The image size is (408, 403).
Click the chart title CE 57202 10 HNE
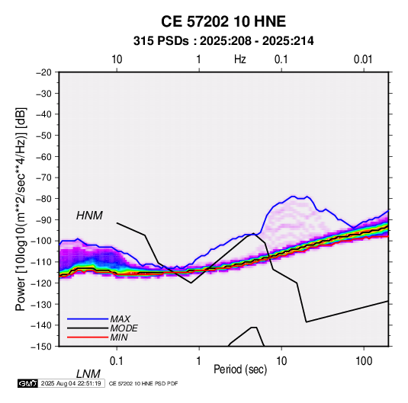[x=223, y=21]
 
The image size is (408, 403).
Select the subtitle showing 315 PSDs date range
[x=223, y=41]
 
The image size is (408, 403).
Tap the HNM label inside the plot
[x=89, y=216]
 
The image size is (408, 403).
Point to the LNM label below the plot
[x=88, y=374]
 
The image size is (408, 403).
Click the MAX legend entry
[x=120, y=319]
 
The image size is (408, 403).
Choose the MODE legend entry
[x=124, y=328]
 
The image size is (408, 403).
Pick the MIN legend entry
[x=119, y=337]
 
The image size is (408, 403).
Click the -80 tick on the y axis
[x=43, y=199]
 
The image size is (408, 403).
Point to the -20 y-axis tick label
[x=43, y=72]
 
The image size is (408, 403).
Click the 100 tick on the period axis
[x=364, y=361]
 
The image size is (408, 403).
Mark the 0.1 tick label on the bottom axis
[x=117, y=361]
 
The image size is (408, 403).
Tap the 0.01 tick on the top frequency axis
[x=363, y=59]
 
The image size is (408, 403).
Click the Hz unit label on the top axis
[x=240, y=59]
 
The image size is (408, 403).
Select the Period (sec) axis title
[x=240, y=369]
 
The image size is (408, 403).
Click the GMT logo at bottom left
[x=27, y=383]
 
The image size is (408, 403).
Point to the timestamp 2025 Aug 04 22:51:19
[x=71, y=383]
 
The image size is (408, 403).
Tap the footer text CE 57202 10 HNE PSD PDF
[x=143, y=384]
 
